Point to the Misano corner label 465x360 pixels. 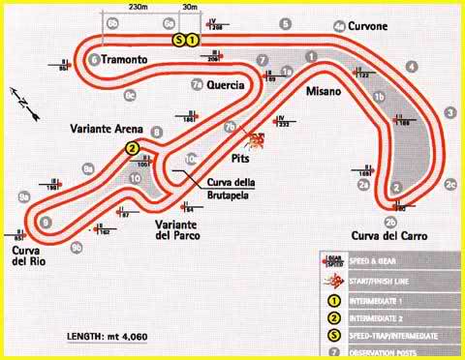coord(324,91)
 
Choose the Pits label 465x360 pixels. coord(244,155)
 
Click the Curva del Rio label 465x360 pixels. coord(29,257)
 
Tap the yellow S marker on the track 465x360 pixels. coord(179,40)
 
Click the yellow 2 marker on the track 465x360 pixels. coord(131,148)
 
